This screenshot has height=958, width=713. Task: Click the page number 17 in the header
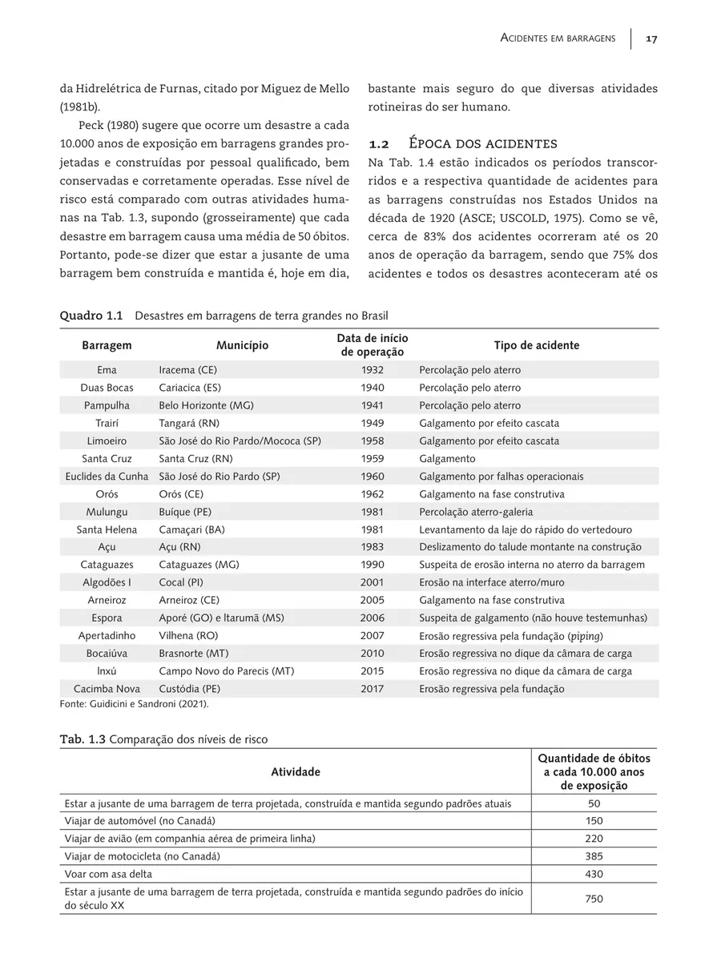click(x=651, y=39)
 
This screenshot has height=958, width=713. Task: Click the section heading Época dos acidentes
click(x=483, y=144)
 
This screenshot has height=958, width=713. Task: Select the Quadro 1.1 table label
click(x=91, y=316)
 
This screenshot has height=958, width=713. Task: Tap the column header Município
click(x=242, y=345)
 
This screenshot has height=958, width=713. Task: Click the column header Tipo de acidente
click(x=536, y=345)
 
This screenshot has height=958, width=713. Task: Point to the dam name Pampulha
click(x=107, y=405)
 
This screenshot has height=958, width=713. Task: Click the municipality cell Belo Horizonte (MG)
click(x=206, y=405)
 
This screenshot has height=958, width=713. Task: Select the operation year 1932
click(x=372, y=370)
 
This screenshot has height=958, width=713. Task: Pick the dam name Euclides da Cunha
click(x=107, y=476)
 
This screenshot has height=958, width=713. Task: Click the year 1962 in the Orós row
click(x=372, y=494)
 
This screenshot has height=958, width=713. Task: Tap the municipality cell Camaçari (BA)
click(x=191, y=529)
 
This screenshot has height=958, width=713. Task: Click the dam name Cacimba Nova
click(x=107, y=689)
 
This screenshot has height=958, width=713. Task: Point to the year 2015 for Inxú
click(x=372, y=671)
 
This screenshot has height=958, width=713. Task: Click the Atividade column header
click(x=295, y=771)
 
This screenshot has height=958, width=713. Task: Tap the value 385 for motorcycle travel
click(x=594, y=856)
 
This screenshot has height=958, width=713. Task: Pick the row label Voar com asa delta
click(x=108, y=874)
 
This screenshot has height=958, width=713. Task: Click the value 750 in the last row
click(x=594, y=899)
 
